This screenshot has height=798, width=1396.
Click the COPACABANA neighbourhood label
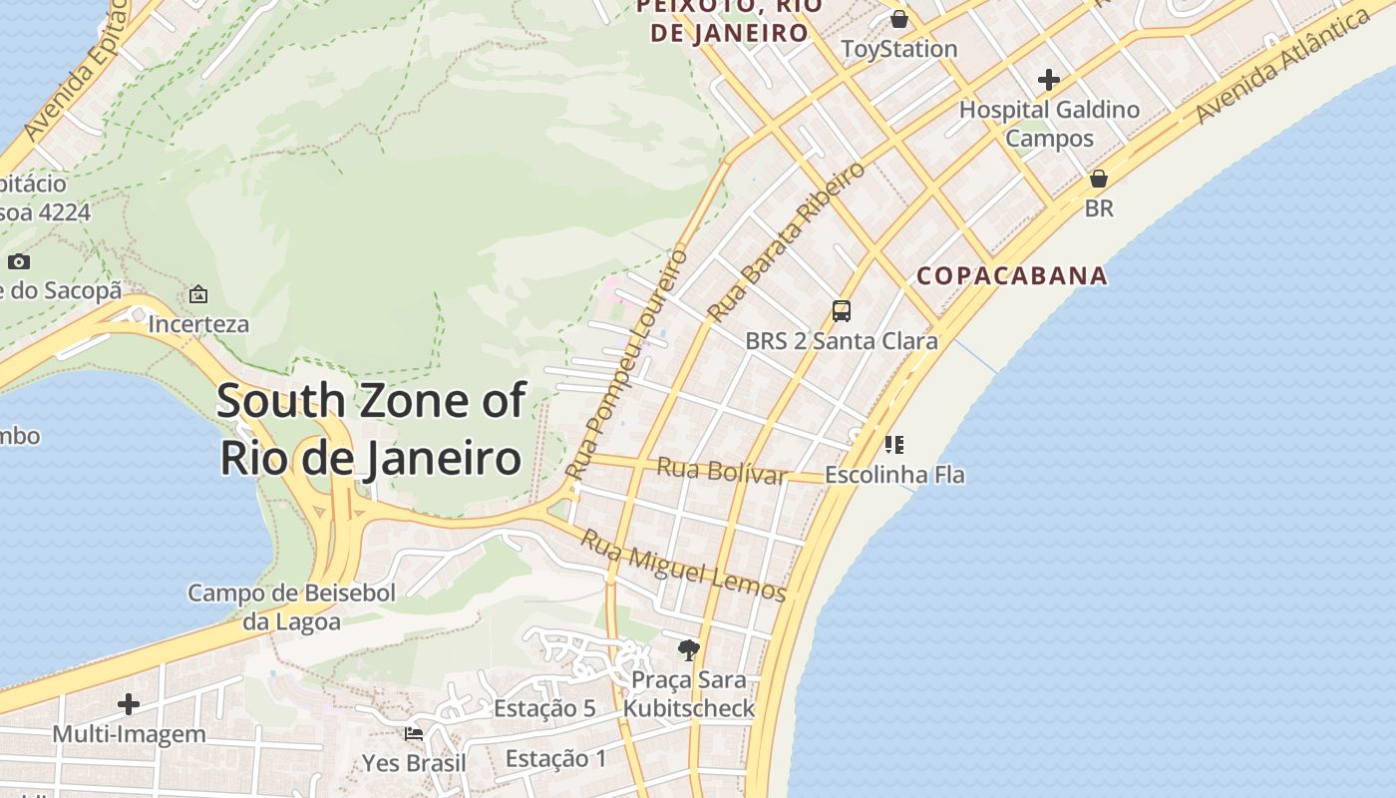1011,275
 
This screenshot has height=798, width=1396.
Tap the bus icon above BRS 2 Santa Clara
842,310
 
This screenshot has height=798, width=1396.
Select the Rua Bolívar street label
722,470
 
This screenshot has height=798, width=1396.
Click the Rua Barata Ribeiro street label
786,241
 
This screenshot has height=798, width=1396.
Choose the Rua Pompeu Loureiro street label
626,363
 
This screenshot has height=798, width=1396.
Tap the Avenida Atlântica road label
1282,68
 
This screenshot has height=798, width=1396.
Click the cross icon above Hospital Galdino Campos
1049,79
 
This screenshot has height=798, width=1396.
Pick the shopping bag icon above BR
1098,180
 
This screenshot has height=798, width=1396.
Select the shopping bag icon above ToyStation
898,19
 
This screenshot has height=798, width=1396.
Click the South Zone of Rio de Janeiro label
370,429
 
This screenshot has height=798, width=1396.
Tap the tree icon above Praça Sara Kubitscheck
688,650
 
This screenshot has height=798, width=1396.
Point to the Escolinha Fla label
894,475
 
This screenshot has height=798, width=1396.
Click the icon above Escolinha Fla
894,445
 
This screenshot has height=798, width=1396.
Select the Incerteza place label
198,324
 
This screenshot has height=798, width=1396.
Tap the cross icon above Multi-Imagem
129,704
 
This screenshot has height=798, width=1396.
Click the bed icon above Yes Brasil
414,734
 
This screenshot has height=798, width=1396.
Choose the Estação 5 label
544,708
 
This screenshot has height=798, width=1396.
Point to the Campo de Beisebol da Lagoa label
292,607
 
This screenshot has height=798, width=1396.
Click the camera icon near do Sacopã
18,262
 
